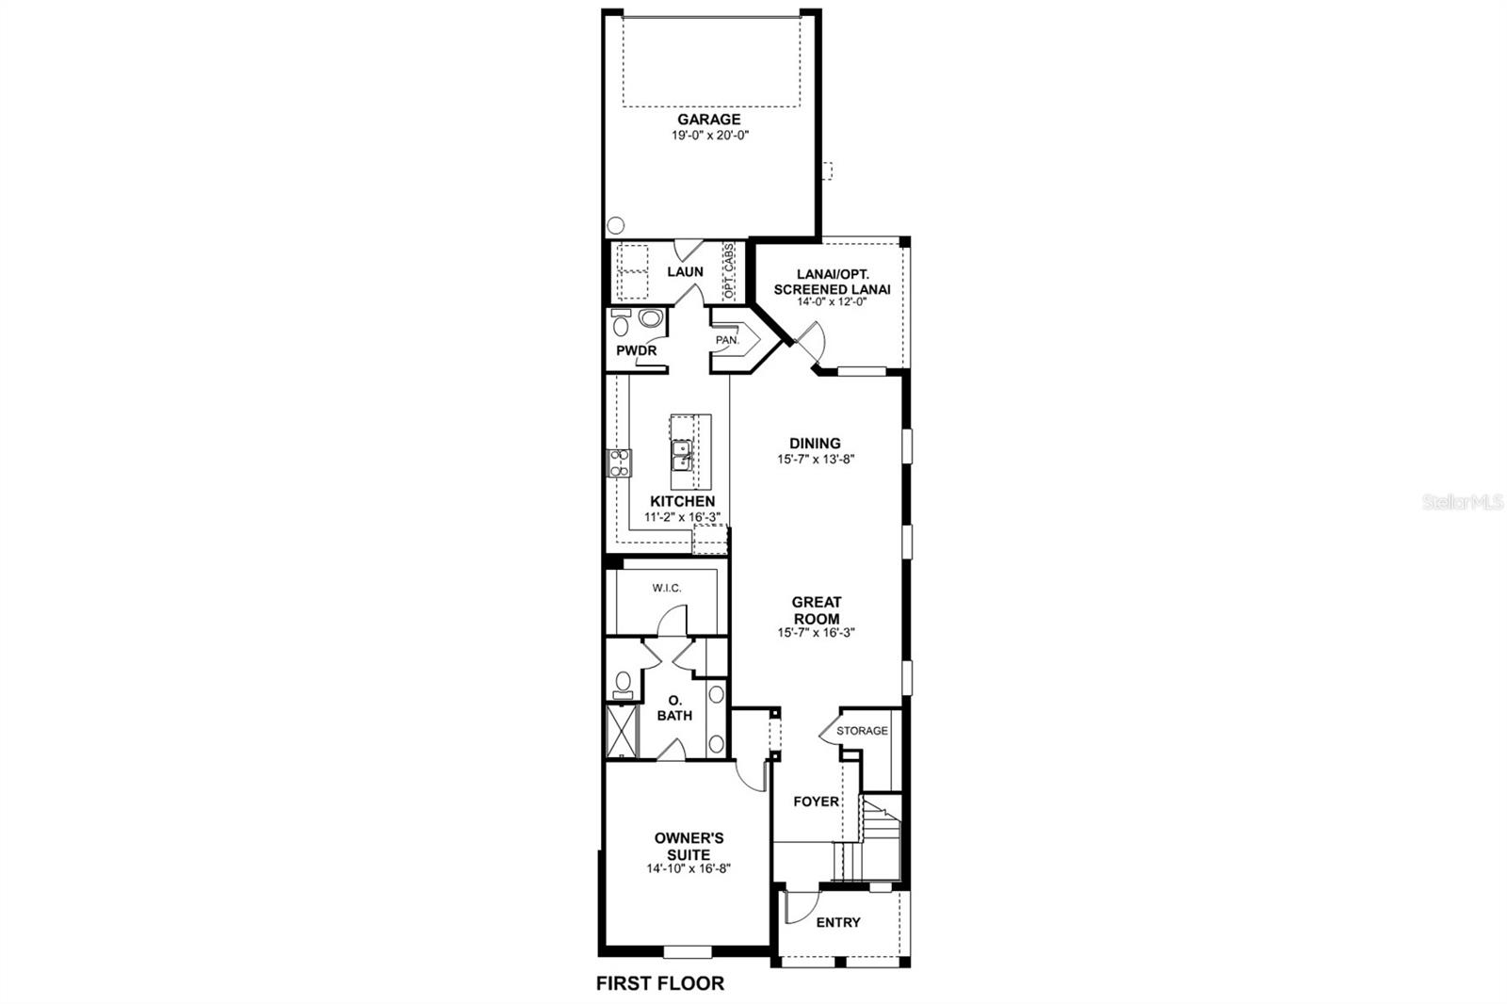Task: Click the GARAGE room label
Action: [708, 119]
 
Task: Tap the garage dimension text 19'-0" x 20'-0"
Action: [710, 136]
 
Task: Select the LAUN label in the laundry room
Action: [685, 272]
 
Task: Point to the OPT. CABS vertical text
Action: [729, 271]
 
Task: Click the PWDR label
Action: [636, 350]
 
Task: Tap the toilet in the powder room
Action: [621, 324]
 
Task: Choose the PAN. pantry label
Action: [726, 341]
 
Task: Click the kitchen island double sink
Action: [682, 456]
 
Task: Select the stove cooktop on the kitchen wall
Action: [619, 463]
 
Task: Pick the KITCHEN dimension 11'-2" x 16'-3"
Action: [682, 517]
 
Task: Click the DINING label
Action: [815, 444]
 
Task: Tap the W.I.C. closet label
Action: [666, 588]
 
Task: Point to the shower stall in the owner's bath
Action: [623, 731]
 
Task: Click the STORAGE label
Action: [862, 731]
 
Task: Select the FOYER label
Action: [816, 802]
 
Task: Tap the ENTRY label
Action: [838, 923]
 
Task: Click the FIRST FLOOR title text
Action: [660, 984]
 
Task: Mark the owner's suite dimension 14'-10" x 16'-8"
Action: [689, 868]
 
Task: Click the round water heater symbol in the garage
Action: [616, 225]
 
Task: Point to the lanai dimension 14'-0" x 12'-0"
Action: [832, 302]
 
